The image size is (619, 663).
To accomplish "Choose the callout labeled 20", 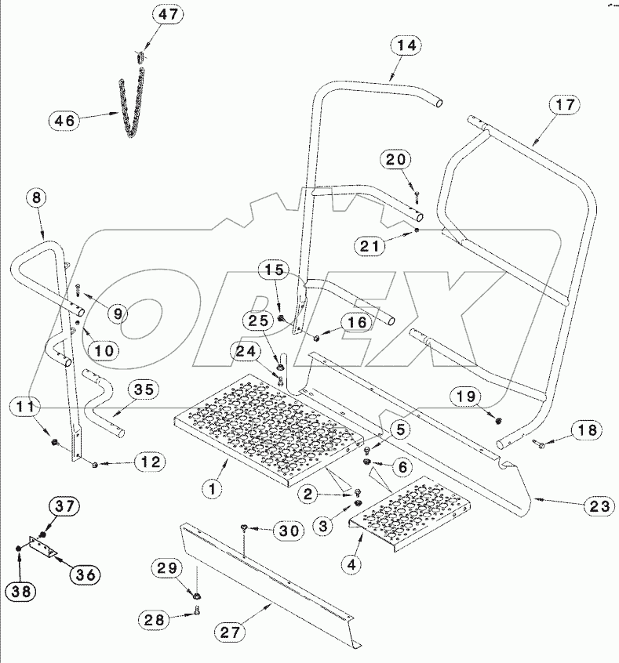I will [x=395, y=159].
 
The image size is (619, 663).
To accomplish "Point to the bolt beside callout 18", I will [x=539, y=445].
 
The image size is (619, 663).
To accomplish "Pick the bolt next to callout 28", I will [x=196, y=617].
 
